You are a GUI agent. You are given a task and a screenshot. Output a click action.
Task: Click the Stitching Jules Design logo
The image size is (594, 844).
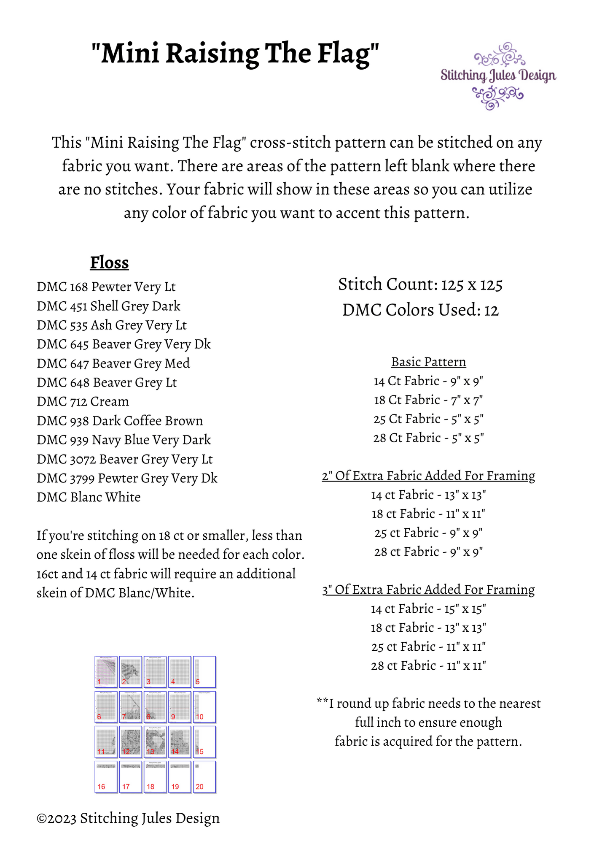tap(498, 76)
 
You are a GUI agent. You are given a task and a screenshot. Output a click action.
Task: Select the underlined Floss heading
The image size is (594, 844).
tap(109, 262)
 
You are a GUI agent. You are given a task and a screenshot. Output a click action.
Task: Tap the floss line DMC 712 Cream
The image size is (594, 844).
tap(83, 401)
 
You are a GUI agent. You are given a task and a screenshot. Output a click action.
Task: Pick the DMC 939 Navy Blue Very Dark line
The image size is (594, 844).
tap(124, 440)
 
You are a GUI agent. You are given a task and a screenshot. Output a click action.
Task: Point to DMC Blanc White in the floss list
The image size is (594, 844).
tap(89, 497)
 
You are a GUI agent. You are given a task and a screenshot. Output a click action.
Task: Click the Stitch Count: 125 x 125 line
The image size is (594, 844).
tap(420, 285)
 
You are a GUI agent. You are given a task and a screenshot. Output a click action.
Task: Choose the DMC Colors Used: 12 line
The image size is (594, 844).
tap(420, 310)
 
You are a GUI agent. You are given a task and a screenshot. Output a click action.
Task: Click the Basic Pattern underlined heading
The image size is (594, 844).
tap(428, 362)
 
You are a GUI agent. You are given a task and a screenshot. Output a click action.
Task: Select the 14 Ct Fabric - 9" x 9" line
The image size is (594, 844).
tap(428, 381)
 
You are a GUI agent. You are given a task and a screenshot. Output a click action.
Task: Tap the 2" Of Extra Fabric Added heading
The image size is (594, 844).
tap(428, 476)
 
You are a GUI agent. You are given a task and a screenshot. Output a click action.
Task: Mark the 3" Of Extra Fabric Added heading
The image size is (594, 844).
tap(428, 590)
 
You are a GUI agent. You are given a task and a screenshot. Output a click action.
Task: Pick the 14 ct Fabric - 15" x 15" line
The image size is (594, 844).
tap(428, 609)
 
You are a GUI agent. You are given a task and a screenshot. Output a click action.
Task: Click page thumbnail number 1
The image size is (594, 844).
tap(106, 672)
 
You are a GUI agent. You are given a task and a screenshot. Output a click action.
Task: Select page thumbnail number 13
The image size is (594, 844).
tap(155, 742)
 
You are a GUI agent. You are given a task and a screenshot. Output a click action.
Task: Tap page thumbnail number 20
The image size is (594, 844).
tap(204, 777)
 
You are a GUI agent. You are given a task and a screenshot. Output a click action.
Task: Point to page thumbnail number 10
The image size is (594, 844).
tap(204, 707)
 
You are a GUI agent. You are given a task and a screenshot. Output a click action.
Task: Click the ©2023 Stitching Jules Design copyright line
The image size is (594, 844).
tap(128, 818)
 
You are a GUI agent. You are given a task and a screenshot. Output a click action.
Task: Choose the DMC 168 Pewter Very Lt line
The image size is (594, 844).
tap(106, 287)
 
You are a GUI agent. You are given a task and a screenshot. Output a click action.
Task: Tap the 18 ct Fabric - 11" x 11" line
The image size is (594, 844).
tap(428, 514)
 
